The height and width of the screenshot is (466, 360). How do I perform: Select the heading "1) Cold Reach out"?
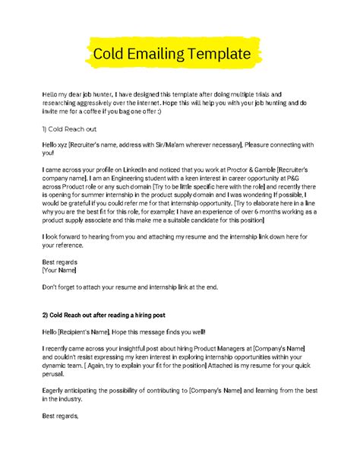70,128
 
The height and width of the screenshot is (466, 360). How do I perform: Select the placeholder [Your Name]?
59,269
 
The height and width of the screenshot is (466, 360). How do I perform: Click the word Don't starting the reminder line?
51,287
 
